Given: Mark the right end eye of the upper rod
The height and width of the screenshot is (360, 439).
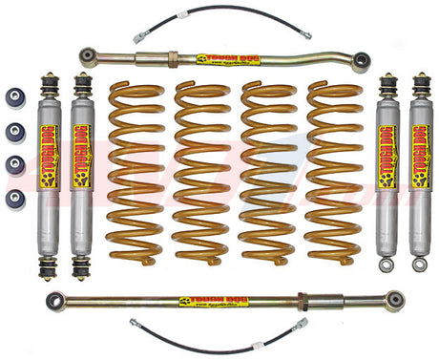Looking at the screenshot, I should click(361, 62).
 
